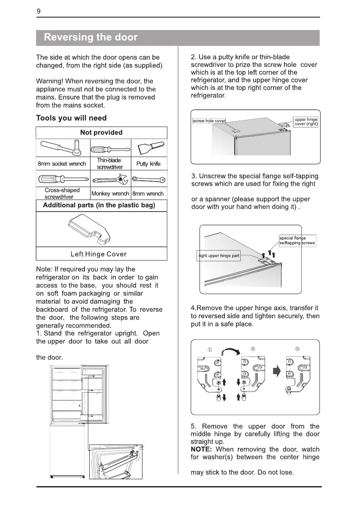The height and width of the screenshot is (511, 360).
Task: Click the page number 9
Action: point(39,12)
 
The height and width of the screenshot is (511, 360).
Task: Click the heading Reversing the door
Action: point(91,37)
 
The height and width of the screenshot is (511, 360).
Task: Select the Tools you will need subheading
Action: point(71,118)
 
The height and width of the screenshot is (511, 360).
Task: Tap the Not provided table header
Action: point(101,133)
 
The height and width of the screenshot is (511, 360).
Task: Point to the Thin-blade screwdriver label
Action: point(109,163)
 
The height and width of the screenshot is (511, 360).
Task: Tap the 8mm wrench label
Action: point(148,194)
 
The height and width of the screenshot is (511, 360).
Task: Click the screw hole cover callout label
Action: point(209,121)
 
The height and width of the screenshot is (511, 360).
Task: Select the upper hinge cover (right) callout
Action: point(306,121)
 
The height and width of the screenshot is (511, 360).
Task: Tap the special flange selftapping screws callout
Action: point(296,240)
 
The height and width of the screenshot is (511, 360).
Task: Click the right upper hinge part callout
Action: point(218,256)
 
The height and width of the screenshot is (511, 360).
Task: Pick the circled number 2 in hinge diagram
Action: point(253,348)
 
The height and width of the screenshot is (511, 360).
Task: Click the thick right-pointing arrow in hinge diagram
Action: point(276,372)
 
